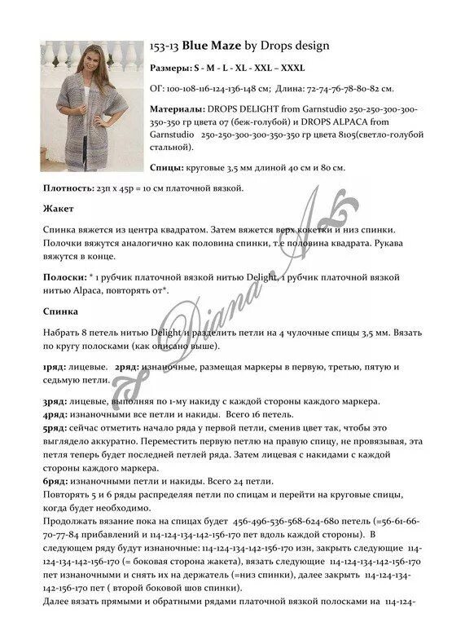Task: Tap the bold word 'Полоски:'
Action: pos(65,277)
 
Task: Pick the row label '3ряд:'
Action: pos(56,403)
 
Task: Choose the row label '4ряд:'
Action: pos(56,414)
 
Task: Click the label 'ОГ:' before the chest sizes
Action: pos(157,86)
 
